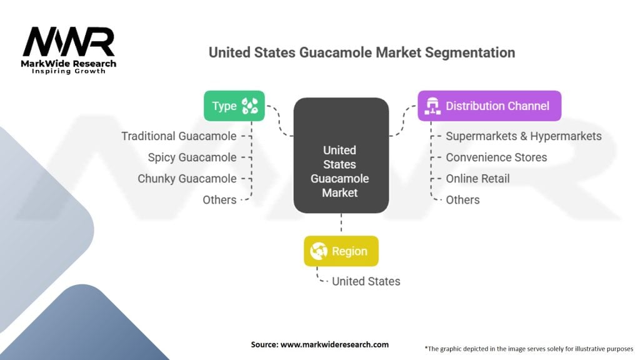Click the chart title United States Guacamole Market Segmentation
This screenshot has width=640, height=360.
[x=362, y=52]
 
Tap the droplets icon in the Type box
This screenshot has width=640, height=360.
[x=252, y=106]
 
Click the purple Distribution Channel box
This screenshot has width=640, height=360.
[x=489, y=106]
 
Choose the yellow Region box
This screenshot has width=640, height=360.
[x=341, y=251]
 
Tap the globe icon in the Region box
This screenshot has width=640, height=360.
[x=319, y=251]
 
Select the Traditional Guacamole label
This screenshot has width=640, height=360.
[x=179, y=136]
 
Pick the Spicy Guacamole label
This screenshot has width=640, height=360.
[x=192, y=157]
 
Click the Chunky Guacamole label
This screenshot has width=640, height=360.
[x=187, y=179]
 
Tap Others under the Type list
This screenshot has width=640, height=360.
[x=219, y=200]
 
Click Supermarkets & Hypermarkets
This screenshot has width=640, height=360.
[x=523, y=136]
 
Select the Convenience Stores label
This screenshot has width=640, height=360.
[x=496, y=157]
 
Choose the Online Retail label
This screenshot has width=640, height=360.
[x=477, y=179]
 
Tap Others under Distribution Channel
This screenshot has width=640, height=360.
[x=462, y=200]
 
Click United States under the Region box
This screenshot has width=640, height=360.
[x=366, y=281]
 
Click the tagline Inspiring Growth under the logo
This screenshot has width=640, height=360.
[x=69, y=71]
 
